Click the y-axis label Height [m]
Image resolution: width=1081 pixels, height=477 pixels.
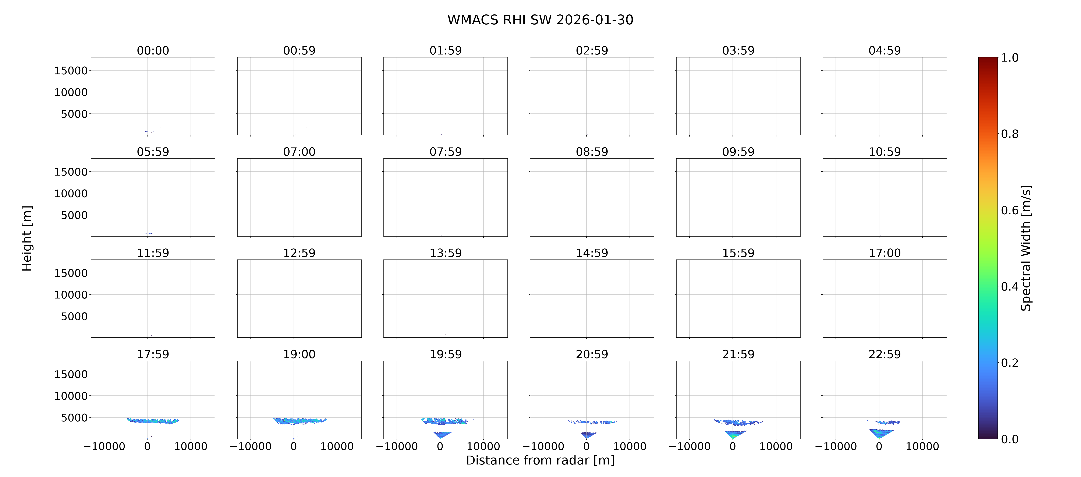click(x=27, y=238)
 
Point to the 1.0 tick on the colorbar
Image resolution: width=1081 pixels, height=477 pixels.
click(x=1010, y=57)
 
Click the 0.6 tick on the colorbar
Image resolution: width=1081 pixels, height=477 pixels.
click(x=1010, y=210)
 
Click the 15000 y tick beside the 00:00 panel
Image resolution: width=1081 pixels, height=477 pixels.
click(x=71, y=71)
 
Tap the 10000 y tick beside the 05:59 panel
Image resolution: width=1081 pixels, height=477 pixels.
click(x=71, y=194)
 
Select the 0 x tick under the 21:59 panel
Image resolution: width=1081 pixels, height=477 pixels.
click(x=733, y=446)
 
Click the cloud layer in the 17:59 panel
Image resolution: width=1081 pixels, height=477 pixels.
click(x=153, y=421)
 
